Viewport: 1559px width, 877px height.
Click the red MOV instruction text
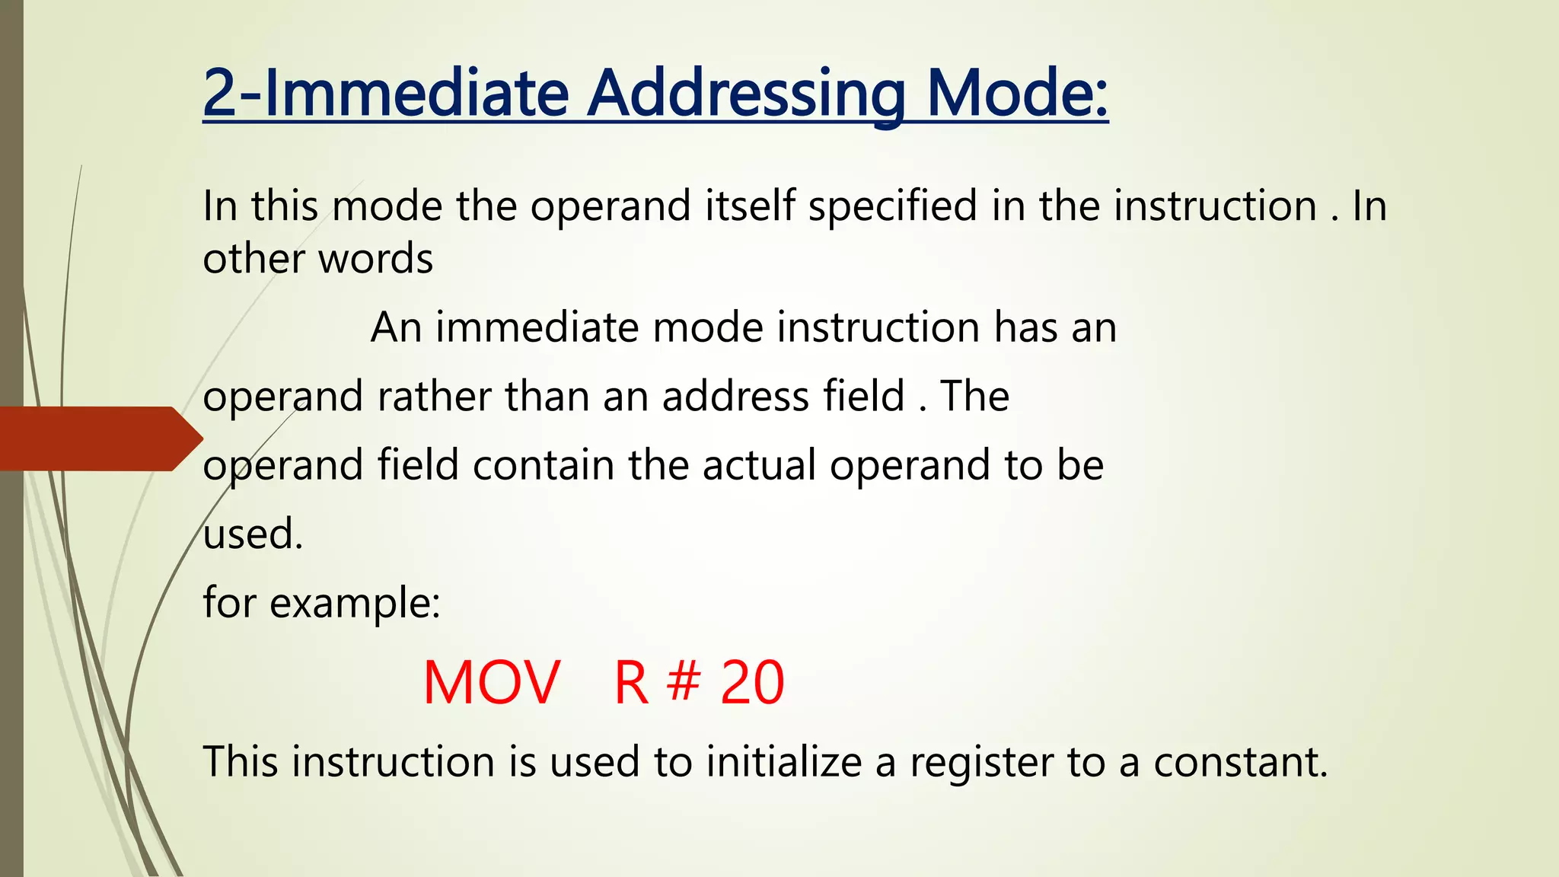[x=492, y=683]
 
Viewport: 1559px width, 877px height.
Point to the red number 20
[x=752, y=683]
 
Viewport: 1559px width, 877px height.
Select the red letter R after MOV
[x=631, y=683]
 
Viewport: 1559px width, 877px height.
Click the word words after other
[x=375, y=259]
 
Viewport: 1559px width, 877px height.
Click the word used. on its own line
[x=253, y=534]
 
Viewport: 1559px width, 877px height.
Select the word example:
[x=355, y=604]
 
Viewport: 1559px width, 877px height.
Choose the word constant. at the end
[x=1240, y=761]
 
